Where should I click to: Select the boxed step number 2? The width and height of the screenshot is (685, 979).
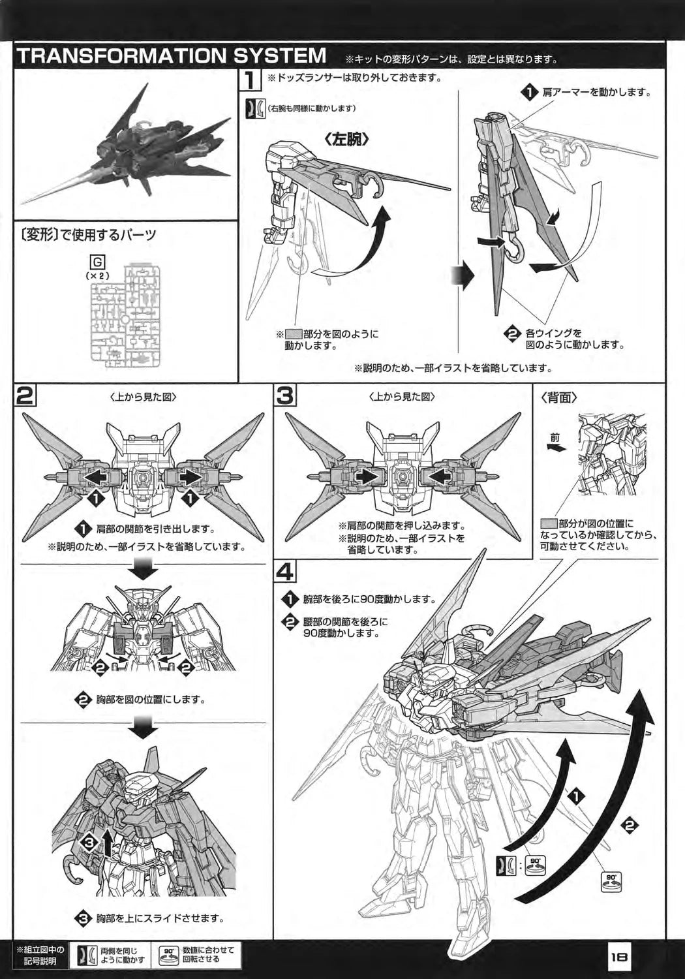[x=25, y=396]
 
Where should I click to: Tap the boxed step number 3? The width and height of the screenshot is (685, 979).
[x=286, y=396]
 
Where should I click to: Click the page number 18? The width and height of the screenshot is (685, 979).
[x=618, y=957]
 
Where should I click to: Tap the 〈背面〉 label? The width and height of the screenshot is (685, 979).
[x=560, y=397]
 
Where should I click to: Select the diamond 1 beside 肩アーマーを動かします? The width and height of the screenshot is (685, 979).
[x=528, y=93]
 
